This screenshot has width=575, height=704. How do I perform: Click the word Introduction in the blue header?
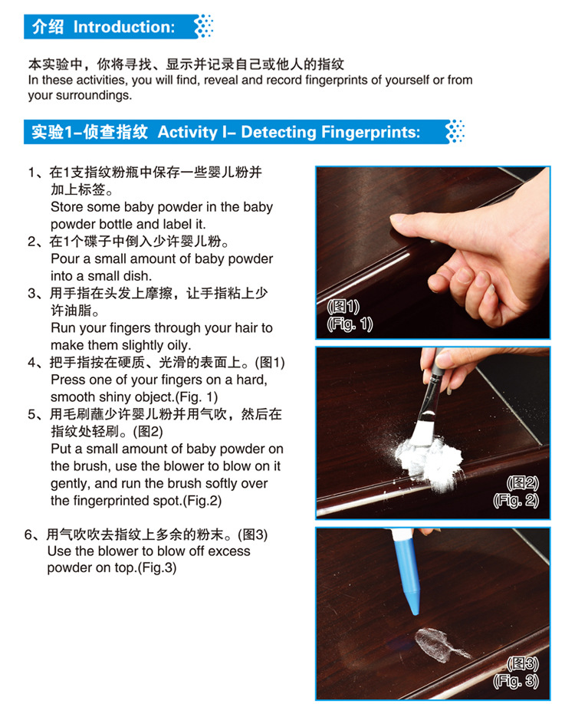123,27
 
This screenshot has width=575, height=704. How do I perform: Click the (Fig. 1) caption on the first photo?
350,324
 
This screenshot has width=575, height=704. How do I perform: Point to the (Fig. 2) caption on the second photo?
516,500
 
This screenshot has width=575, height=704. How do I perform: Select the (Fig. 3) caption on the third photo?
516,681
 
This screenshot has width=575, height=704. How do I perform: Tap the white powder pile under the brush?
430,460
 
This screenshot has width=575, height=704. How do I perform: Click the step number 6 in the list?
28,535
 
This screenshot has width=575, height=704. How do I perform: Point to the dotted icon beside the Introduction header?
204,26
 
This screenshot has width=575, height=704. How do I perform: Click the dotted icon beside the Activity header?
455,132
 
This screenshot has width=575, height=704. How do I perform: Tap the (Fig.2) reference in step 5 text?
202,501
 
